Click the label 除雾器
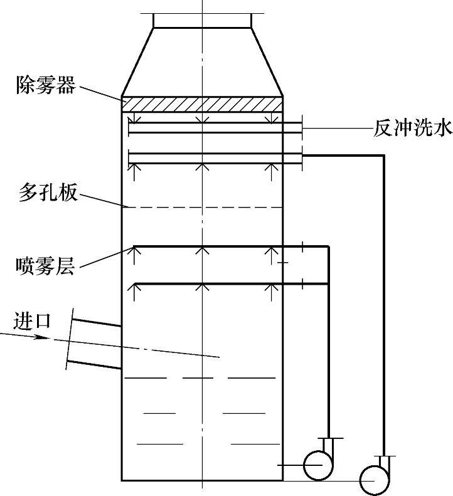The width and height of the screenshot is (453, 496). point(45,85)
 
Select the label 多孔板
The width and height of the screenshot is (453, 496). point(45,193)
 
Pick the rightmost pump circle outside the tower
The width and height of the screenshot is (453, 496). point(375,480)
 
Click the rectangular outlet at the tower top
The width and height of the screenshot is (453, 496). point(202,21)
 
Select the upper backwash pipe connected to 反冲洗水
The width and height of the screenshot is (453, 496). point(213,127)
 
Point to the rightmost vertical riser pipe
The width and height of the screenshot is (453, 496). point(384,301)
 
